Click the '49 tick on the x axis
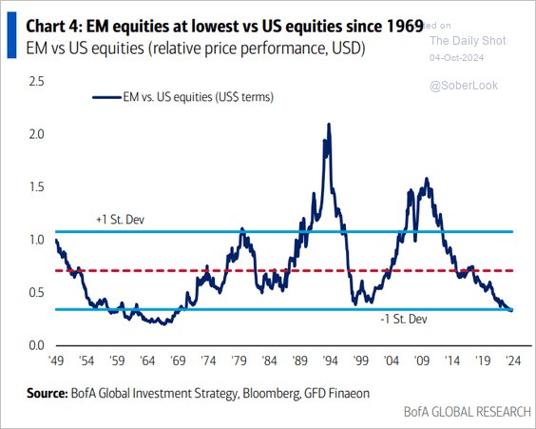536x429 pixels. click(56, 362)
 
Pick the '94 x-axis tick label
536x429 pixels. click(330, 362)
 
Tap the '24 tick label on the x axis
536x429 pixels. click(512, 362)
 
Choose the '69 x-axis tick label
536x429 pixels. click(178, 362)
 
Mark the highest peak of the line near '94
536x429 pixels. click(329, 125)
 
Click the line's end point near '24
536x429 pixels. click(512, 309)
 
